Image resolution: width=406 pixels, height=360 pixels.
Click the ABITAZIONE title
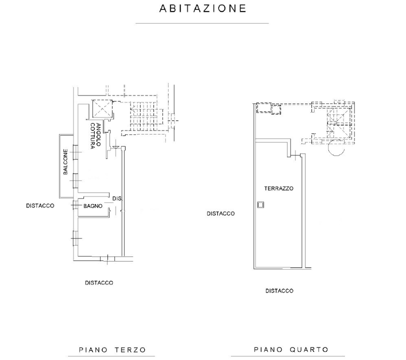(x=202, y=8)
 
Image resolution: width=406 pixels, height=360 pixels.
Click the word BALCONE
(x=65, y=162)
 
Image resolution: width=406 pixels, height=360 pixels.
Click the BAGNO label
(x=93, y=205)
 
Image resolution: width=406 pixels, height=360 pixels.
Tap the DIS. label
(x=117, y=198)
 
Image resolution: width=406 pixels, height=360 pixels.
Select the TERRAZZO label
(x=279, y=188)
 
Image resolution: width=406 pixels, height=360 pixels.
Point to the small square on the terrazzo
(x=260, y=204)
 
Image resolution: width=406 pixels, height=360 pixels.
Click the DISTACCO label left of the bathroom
(x=40, y=205)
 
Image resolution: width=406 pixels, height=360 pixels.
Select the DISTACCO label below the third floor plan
(x=98, y=282)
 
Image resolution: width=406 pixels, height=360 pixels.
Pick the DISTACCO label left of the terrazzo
(x=220, y=213)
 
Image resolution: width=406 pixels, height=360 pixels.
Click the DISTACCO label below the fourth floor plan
(x=279, y=290)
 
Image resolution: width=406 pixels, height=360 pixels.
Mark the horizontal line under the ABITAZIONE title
(x=202, y=23)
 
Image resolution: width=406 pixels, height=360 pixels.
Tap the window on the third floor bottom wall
(x=106, y=258)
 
